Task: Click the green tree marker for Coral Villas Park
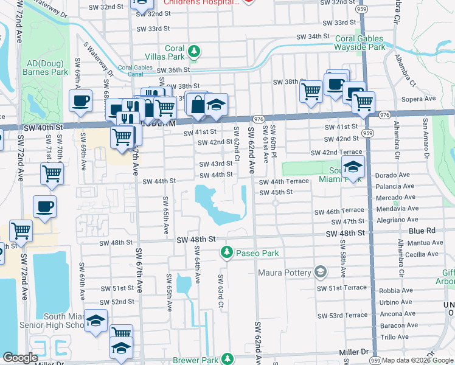(194, 52)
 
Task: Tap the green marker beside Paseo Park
(226, 251)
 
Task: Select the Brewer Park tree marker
(227, 359)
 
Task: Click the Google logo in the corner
(20, 358)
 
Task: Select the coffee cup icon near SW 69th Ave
(80, 101)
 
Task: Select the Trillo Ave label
(394, 336)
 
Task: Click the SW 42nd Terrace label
(342, 152)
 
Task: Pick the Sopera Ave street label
(419, 99)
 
